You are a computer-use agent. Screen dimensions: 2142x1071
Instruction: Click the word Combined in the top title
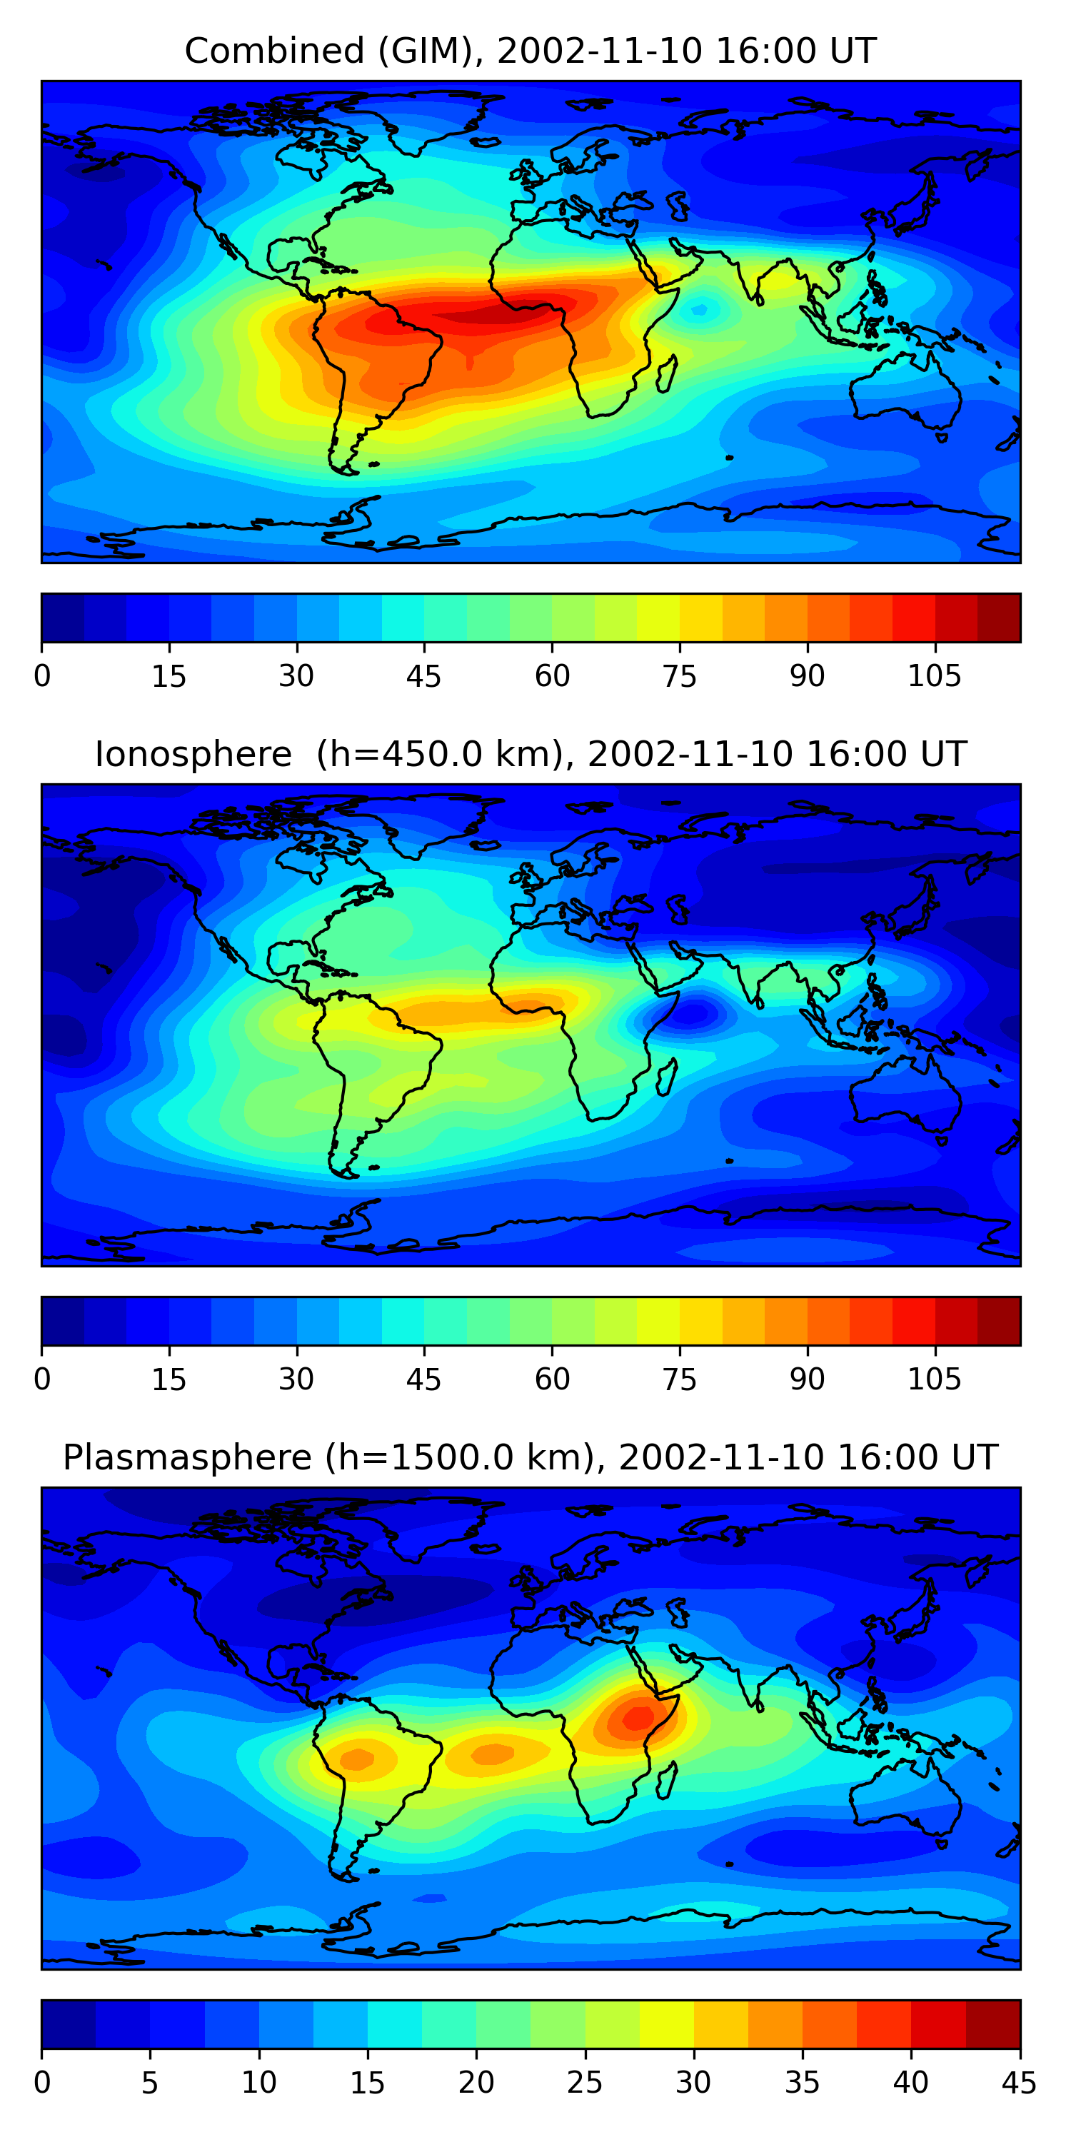point(274,51)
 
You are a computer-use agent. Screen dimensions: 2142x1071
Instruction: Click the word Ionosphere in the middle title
point(193,755)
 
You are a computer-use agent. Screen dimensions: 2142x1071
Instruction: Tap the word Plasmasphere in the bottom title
point(187,1458)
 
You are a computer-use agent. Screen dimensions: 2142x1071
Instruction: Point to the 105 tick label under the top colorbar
point(934,677)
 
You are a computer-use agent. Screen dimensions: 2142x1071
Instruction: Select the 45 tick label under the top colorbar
point(423,677)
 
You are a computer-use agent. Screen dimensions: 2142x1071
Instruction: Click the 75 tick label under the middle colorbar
point(679,1379)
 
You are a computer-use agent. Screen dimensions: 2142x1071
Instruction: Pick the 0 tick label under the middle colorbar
point(42,1379)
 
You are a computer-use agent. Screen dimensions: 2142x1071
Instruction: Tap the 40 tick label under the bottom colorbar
point(910,2083)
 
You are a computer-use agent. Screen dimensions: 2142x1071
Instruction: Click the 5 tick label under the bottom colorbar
point(150,2083)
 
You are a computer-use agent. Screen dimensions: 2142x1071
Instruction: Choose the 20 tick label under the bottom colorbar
point(476,2083)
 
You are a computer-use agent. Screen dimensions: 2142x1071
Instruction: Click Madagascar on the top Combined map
point(667,374)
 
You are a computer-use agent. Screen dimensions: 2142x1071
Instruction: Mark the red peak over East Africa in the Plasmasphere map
point(638,1716)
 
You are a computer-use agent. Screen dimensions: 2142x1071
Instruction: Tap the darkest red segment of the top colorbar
point(999,618)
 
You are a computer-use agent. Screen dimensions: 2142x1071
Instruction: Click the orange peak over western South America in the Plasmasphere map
point(358,1758)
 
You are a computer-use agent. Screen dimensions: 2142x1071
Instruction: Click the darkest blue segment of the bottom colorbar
point(68,2024)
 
